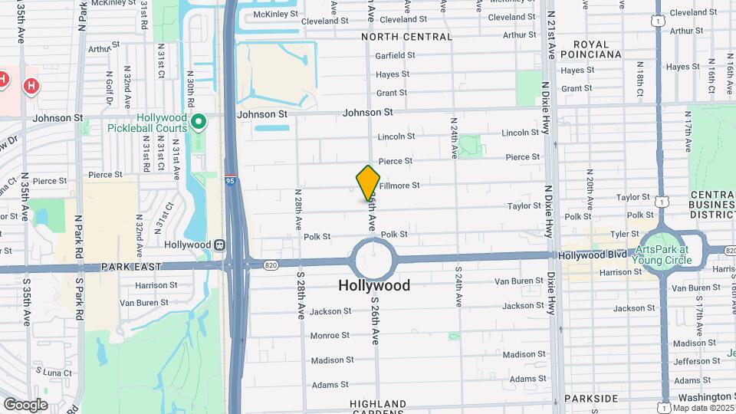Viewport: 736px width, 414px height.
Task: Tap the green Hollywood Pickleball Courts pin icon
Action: click(x=199, y=121)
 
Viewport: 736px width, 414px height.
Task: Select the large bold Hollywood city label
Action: click(x=374, y=286)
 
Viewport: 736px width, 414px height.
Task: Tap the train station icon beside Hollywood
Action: click(x=219, y=245)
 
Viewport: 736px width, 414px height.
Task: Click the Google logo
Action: click(x=25, y=404)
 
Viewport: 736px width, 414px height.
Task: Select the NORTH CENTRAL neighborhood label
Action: click(x=406, y=37)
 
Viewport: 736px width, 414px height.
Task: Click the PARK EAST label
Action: click(x=132, y=267)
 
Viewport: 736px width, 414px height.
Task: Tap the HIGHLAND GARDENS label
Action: click(x=378, y=408)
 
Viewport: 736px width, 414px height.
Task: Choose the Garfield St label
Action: click(x=395, y=55)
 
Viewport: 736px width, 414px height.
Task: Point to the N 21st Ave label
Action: click(x=552, y=38)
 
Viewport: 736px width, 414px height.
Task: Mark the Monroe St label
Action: click(x=331, y=336)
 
